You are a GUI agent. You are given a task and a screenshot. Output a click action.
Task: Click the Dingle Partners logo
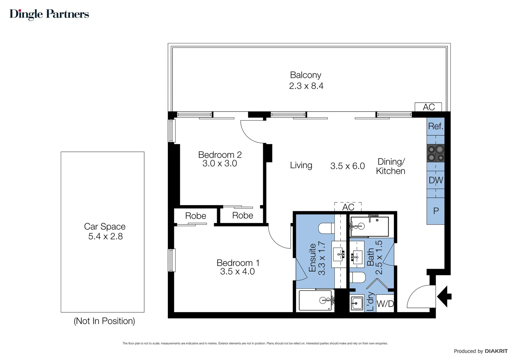pos(49,14)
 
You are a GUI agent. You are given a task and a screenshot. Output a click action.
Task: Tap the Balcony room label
pos(305,75)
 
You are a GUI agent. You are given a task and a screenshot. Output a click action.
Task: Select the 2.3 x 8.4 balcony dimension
pos(306,86)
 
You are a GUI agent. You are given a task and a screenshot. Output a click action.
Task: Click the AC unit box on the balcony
pos(428,107)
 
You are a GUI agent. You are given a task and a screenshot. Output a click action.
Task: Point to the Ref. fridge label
pos(435,126)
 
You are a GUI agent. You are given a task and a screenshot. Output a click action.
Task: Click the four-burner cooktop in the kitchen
pos(435,153)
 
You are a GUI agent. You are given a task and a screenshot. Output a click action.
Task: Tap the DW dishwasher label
pos(436,180)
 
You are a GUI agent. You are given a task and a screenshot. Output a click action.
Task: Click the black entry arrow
pos(444,296)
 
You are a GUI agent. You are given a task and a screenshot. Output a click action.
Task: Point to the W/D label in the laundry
pos(385,304)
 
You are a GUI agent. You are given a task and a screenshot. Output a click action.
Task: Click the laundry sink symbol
pos(357,303)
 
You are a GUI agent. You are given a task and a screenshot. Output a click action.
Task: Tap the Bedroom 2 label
pos(220,155)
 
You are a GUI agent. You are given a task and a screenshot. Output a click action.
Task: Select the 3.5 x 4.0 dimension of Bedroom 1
pos(237,271)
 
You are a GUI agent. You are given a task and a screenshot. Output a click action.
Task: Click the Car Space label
pos(105,226)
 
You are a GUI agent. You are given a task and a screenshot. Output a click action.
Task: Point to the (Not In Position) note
pos(104,321)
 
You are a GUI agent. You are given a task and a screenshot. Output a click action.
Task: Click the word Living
pos(301,165)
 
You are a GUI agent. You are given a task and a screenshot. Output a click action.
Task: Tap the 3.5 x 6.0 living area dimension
pos(347,166)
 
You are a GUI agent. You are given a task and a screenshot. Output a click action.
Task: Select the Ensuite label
pos(312,258)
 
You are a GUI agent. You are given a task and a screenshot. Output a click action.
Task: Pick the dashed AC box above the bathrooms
pos(348,207)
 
